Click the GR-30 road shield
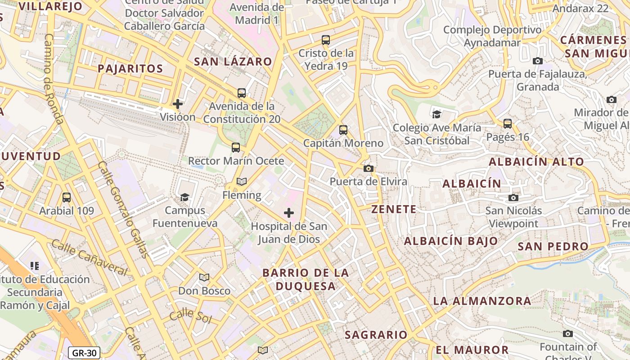coord(84,353)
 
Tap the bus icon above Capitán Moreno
coord(343,130)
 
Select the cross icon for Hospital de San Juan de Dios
coord(289,213)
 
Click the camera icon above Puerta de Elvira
coord(369,169)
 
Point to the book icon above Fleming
coord(242,182)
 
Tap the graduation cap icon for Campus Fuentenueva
coord(184,197)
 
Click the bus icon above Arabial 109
coord(67,198)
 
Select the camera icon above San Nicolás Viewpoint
coord(513,198)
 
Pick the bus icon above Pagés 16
coord(508,124)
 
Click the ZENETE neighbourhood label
coord(394,209)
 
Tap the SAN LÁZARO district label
coord(233,62)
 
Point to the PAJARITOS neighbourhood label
coord(130,69)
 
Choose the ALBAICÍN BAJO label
coord(451,241)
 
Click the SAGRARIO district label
coord(376,335)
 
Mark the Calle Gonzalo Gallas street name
coord(124,209)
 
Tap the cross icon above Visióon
coord(178,104)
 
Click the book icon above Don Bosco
coord(204,278)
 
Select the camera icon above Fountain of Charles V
coord(568,334)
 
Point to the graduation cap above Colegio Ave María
coord(436,114)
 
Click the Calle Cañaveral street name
coord(89,257)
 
